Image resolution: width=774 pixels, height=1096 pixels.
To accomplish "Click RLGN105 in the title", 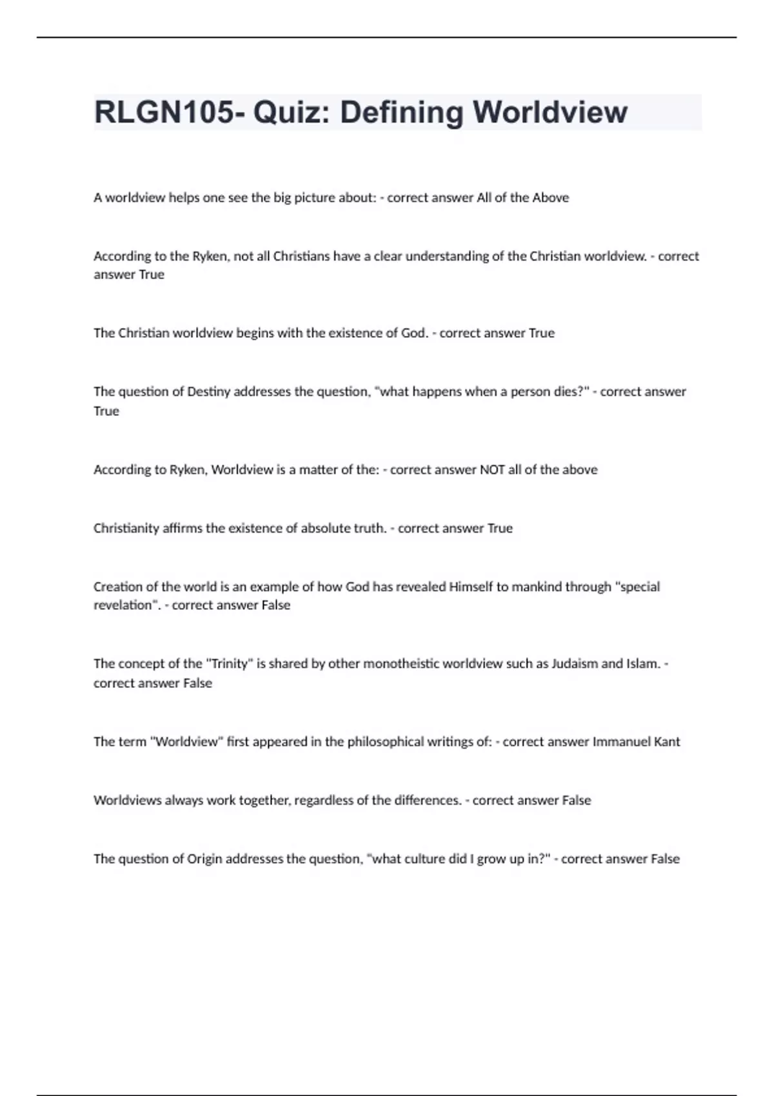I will pyautogui.click(x=164, y=113).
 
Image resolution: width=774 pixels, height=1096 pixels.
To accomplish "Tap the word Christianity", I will pyautogui.click(x=126, y=529).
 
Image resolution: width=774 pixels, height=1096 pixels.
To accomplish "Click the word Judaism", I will pyautogui.click(x=574, y=664).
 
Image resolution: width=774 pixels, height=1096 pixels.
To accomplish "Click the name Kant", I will pyautogui.click(x=667, y=742).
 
